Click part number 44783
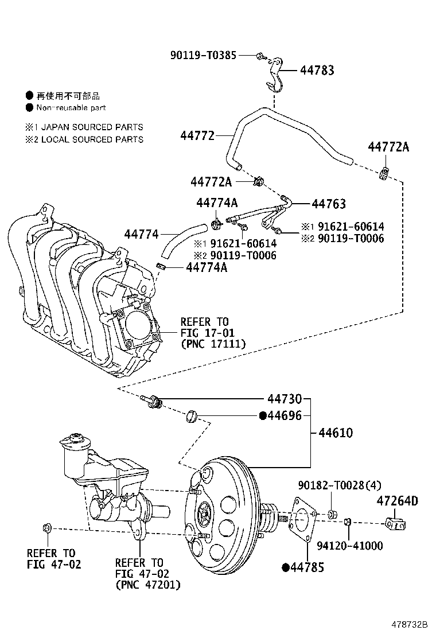tap(317, 71)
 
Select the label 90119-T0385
tap(203, 55)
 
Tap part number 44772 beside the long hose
tap(197, 135)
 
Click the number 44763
tap(329, 204)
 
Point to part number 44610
tap(336, 433)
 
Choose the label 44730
tap(285, 399)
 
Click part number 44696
tap(285, 415)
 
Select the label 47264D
tap(397, 500)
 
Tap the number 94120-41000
tap(350, 546)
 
